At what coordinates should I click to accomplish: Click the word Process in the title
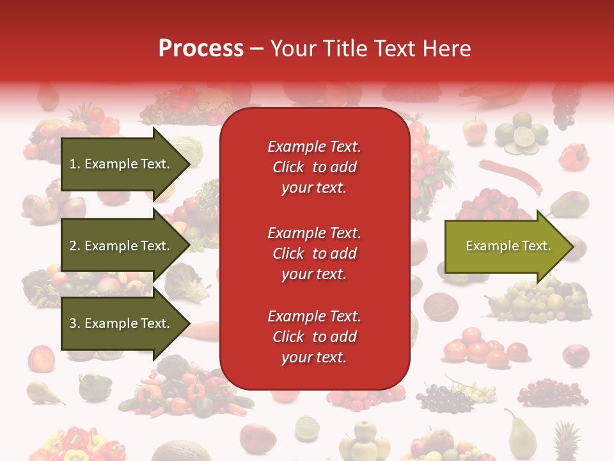(201, 49)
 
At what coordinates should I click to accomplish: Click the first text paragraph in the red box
(314, 167)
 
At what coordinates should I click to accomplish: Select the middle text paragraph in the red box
(314, 254)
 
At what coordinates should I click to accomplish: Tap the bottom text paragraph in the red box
(314, 337)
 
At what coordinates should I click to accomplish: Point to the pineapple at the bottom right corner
(566, 442)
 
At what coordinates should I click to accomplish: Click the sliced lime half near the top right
(524, 137)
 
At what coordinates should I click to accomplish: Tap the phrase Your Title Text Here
(370, 49)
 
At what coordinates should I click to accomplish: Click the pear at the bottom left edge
(42, 392)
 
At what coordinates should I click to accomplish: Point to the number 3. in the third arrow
(74, 323)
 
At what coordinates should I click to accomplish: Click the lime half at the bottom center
(307, 426)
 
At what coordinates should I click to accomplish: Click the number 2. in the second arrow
(74, 246)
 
